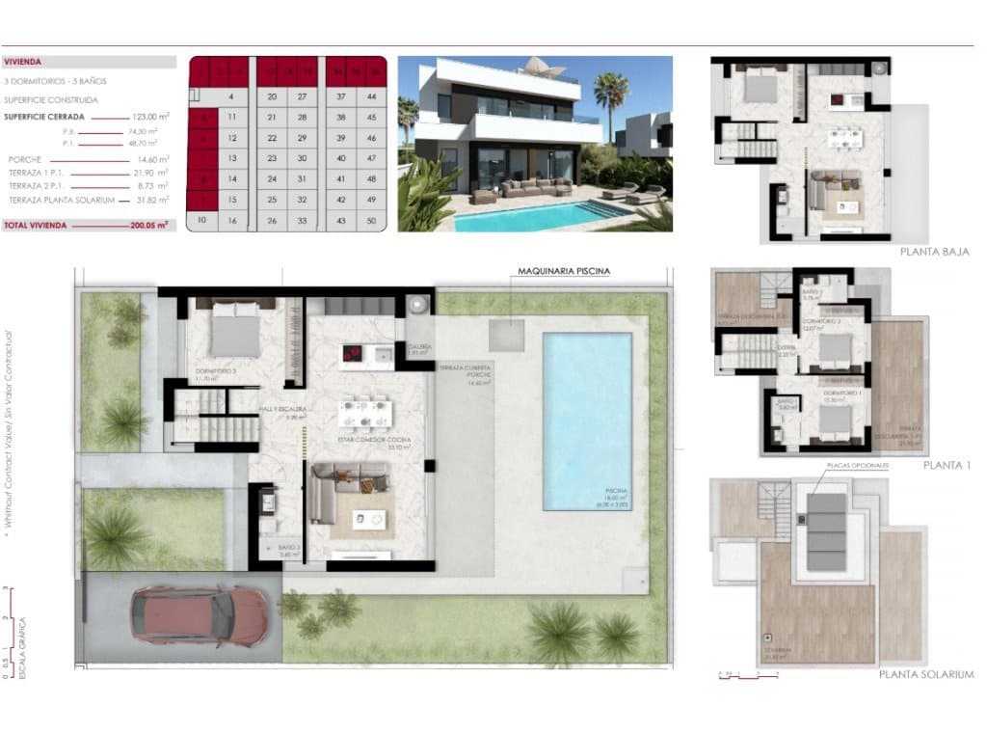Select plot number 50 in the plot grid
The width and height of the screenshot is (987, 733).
(x=371, y=221)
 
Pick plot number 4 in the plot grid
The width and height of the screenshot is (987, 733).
(x=231, y=96)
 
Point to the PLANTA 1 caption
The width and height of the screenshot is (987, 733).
(x=946, y=465)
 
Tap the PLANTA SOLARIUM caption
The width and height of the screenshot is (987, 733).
(x=925, y=674)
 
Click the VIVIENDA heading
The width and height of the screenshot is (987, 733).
(x=23, y=61)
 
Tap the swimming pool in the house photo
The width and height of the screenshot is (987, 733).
(x=530, y=218)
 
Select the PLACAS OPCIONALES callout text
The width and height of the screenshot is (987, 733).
(x=856, y=465)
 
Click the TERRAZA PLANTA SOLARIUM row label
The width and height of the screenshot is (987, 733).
(x=62, y=200)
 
